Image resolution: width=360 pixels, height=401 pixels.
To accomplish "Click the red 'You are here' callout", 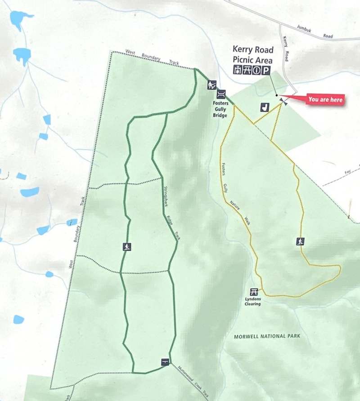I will click(x=325, y=99).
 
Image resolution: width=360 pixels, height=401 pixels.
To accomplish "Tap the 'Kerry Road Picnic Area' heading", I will click(x=252, y=54).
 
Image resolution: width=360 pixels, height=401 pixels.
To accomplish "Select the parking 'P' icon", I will click(x=266, y=70).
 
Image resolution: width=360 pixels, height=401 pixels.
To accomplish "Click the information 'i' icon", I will click(x=256, y=70).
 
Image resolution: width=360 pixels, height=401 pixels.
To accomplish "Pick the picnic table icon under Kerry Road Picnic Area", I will click(x=246, y=70).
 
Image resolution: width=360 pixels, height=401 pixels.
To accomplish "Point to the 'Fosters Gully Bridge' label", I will click(x=220, y=107).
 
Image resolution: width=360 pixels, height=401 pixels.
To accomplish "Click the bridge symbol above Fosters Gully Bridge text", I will click(x=221, y=94).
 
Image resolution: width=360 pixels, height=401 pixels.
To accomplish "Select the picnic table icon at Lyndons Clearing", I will click(x=254, y=291).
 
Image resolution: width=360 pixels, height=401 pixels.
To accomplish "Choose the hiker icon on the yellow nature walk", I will click(x=300, y=241).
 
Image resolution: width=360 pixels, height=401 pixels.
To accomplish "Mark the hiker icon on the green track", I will click(x=127, y=246).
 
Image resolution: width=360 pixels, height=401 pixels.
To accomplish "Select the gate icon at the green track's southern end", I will click(x=165, y=362).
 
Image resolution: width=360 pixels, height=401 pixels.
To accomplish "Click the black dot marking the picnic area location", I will click(x=276, y=95).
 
